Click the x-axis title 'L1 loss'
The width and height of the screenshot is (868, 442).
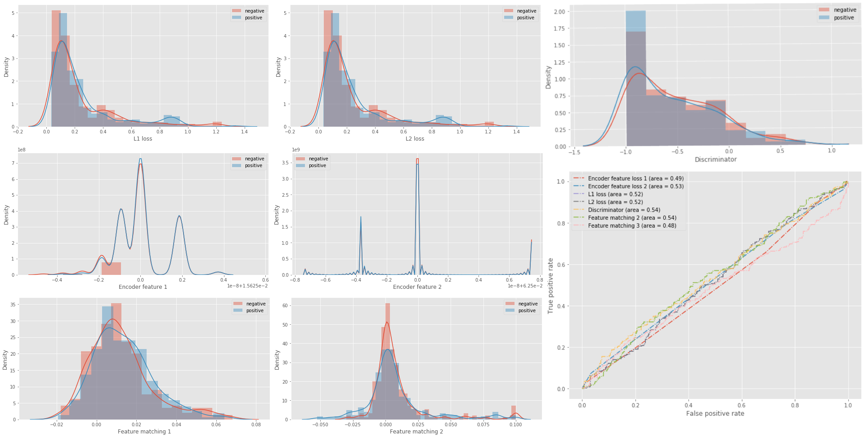coord(143,139)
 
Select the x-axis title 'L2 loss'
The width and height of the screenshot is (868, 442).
coord(415,139)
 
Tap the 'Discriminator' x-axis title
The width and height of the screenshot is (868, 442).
coord(716,159)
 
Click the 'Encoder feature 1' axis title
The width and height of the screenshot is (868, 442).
coord(143,287)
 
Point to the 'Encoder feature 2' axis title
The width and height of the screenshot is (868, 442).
coord(417,287)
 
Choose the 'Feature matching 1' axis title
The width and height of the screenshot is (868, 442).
coord(144,432)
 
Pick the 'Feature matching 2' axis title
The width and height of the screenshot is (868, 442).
coord(416,432)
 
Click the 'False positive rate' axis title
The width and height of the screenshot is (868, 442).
coord(715,414)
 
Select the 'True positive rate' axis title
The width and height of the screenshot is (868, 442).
coord(550,286)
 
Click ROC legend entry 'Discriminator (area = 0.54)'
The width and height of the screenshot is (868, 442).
coord(624,210)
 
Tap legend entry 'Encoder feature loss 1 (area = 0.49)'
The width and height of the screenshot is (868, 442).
coord(635,178)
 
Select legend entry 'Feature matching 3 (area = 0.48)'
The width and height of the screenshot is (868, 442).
coord(632,225)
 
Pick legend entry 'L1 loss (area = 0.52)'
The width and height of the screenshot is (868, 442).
coord(615,194)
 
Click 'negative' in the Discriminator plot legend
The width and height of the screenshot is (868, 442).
coord(845,10)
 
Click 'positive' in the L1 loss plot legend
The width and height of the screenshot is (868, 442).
coord(253,18)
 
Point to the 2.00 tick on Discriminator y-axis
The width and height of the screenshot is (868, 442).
coord(559,12)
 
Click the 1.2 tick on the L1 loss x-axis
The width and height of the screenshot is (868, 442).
coord(216,132)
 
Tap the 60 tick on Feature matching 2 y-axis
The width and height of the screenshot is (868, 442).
coord(285,305)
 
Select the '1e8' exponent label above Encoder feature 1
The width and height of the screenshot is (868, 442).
coord(21,150)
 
